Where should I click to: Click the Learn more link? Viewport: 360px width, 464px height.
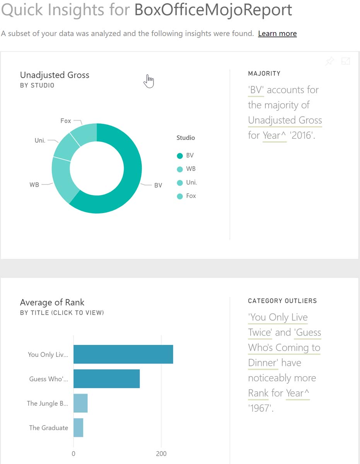[x=277, y=34]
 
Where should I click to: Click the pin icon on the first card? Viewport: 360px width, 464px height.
[x=329, y=61]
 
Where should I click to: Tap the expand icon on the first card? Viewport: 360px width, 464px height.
[x=345, y=61]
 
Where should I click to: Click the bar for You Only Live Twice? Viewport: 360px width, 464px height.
[x=123, y=355]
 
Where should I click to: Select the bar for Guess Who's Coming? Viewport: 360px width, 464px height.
[x=106, y=379]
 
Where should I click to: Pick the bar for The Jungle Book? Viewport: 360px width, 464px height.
[x=80, y=403]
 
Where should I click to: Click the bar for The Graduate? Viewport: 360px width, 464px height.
[x=78, y=428]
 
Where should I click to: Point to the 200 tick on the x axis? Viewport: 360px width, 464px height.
[x=161, y=454]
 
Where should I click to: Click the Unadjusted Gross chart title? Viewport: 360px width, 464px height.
[x=55, y=75]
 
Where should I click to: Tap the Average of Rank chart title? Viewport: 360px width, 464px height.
[x=52, y=302]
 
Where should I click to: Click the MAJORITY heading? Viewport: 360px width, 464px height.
[x=264, y=73]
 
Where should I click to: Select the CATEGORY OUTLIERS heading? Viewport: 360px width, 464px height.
[x=282, y=301]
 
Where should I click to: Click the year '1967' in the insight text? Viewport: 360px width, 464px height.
[x=260, y=408]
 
